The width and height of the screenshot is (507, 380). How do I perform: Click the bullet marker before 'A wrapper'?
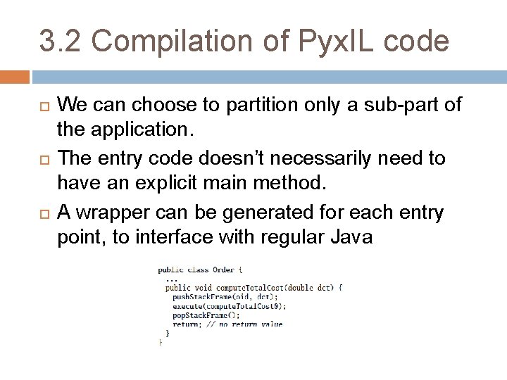click(41, 211)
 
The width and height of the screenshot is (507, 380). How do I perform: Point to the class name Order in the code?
click(223, 269)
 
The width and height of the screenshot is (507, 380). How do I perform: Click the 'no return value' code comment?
click(251, 324)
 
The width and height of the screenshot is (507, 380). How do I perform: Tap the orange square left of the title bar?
click(15, 77)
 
